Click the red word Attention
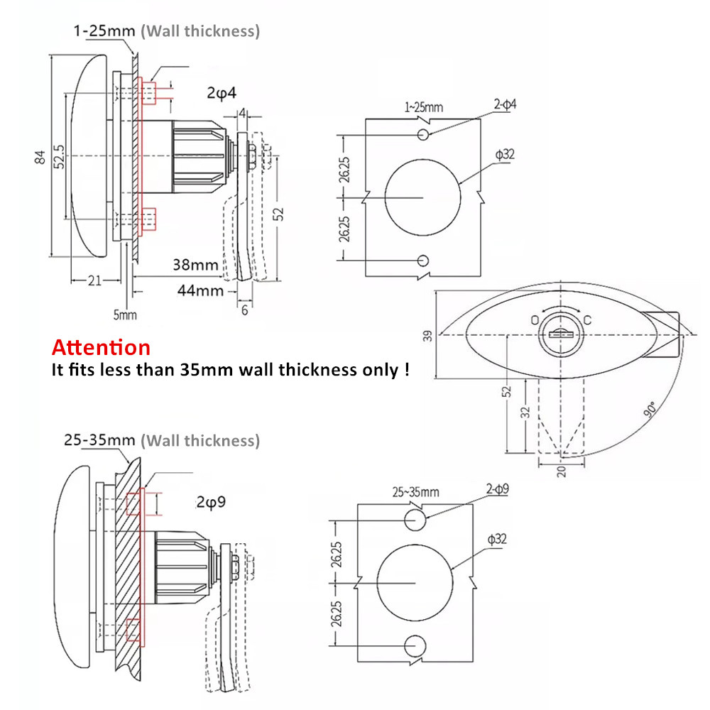[101, 348]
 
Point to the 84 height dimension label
[40, 156]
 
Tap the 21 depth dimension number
[94, 281]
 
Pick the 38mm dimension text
[195, 265]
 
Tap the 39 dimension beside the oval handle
[427, 335]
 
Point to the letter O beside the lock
[534, 320]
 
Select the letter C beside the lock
[588, 320]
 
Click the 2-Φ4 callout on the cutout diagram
[505, 105]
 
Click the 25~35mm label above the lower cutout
[415, 491]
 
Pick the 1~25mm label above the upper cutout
[423, 107]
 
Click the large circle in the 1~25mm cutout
[423, 197]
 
